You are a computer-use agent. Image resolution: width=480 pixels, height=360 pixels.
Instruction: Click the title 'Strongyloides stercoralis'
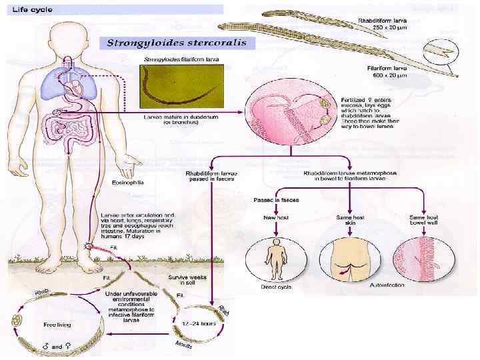click(x=177, y=43)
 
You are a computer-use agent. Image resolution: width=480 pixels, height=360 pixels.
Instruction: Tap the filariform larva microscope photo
click(x=180, y=87)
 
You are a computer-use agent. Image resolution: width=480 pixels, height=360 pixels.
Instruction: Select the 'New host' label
click(x=275, y=218)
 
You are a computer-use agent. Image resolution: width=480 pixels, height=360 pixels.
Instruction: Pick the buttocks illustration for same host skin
click(x=347, y=260)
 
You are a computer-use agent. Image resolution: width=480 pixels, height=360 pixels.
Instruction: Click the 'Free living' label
click(x=58, y=325)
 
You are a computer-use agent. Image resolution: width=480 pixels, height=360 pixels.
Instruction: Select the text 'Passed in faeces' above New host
click(x=275, y=200)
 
